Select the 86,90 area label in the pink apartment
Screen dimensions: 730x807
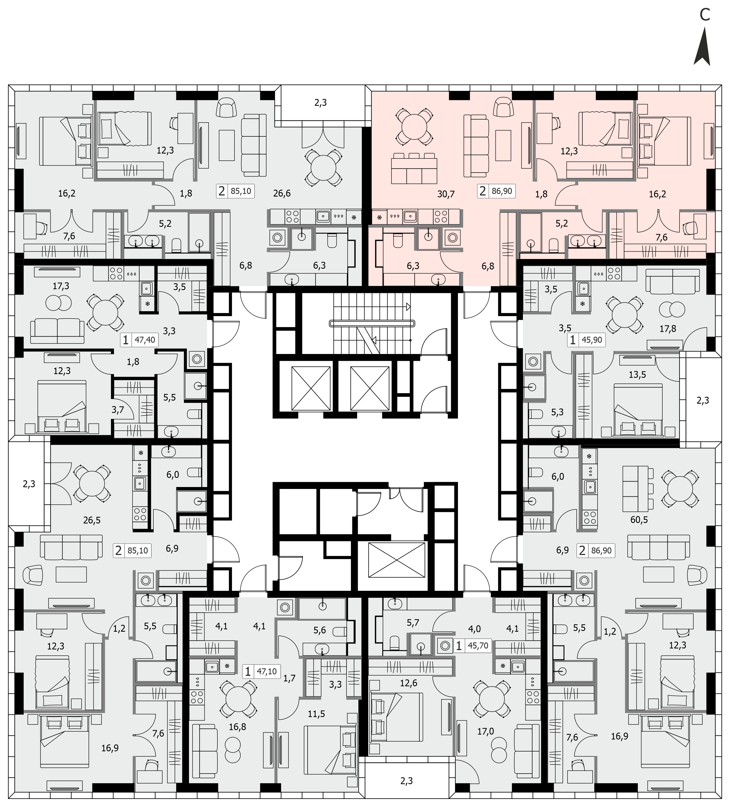point(502,191)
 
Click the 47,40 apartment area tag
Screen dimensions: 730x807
point(145,340)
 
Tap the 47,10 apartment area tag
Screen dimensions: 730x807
point(267,671)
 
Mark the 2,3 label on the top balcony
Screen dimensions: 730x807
point(320,103)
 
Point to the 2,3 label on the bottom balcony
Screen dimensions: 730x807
point(406,780)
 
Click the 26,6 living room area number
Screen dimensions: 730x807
point(282,193)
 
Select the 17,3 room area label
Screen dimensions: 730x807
point(61,286)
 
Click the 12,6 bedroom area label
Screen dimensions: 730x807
point(408,683)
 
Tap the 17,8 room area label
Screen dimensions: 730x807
point(668,329)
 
